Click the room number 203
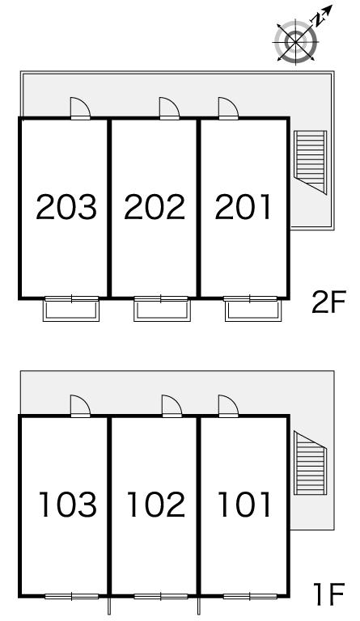pos(66,207)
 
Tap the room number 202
pos(155,207)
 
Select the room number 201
pos(243,207)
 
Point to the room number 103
pos(68,505)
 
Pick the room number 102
pos(156,505)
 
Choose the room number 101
pos(244,505)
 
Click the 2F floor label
pos(328,302)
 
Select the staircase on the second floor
pos(310,162)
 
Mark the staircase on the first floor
pos(310,463)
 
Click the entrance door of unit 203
pos(80,108)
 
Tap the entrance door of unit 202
pos(169,108)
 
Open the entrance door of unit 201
pos(228,108)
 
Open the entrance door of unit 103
pos(80,407)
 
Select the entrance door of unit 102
pos(172,407)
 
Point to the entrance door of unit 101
pos(228,407)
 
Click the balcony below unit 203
pos(71,310)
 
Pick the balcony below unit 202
pos(162,310)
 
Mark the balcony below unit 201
pos(253,310)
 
